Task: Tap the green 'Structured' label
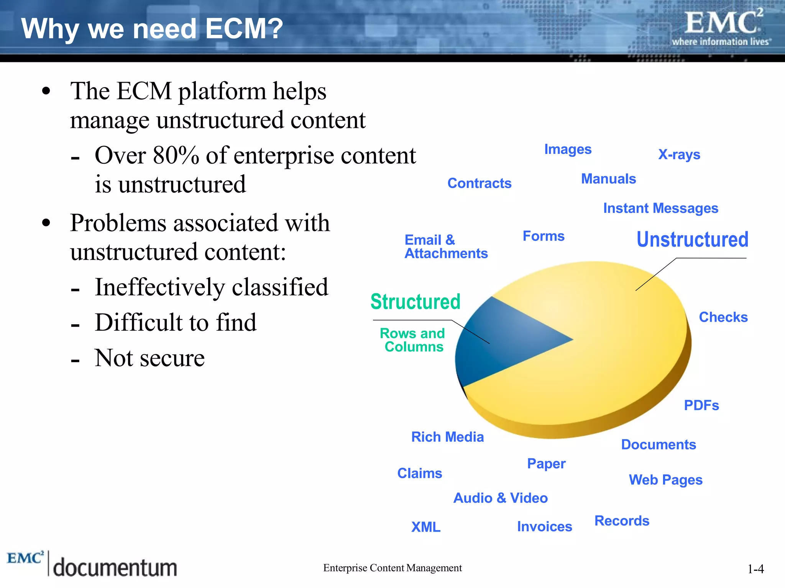(x=415, y=302)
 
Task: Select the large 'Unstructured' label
(x=692, y=240)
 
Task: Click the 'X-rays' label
(x=679, y=154)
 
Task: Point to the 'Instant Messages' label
(x=660, y=208)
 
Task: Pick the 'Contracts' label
(x=479, y=183)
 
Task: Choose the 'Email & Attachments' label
(x=446, y=247)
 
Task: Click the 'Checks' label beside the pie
(x=723, y=317)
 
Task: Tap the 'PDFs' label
(x=701, y=405)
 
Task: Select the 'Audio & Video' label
(x=500, y=498)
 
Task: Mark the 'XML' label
(x=425, y=527)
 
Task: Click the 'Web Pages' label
(x=665, y=480)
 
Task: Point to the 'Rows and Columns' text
(x=413, y=340)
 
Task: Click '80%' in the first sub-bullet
(x=176, y=156)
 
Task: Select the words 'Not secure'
(x=149, y=358)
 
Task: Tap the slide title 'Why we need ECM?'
(x=152, y=29)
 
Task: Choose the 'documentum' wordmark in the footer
(x=115, y=568)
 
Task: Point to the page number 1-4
(x=755, y=569)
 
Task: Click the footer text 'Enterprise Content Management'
(x=392, y=568)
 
